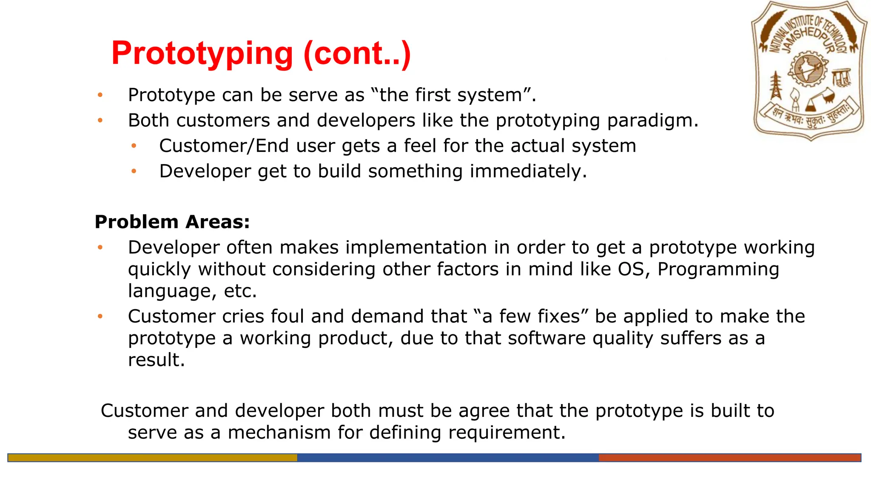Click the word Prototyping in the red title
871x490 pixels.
point(202,54)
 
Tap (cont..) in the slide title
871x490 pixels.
point(357,54)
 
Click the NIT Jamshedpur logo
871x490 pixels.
point(809,71)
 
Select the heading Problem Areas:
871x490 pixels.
point(172,222)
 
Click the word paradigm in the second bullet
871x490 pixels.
point(652,121)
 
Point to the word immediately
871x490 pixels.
point(528,171)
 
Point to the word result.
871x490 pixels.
point(156,360)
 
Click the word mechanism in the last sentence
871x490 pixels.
point(279,433)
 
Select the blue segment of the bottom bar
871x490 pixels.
point(447,458)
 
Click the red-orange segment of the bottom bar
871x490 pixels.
point(729,458)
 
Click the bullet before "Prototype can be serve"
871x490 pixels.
point(100,95)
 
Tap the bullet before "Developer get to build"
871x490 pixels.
point(134,171)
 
